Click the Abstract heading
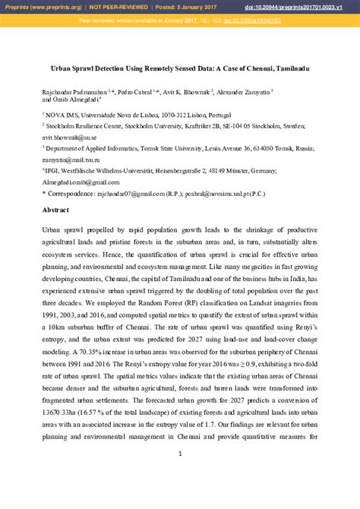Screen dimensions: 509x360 [55, 209]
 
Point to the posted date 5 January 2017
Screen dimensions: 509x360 [186, 8]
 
